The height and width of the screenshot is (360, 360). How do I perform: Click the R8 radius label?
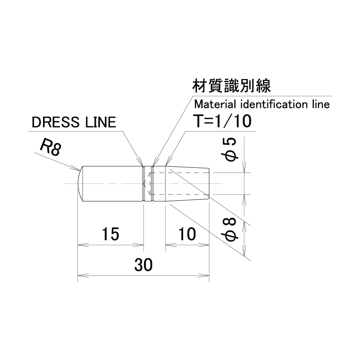pyautogui.click(x=50, y=148)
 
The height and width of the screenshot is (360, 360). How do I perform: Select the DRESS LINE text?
pyautogui.click(x=74, y=122)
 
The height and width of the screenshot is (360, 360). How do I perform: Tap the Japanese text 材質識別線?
pyautogui.click(x=231, y=86)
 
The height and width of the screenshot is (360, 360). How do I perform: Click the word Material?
pyautogui.click(x=215, y=104)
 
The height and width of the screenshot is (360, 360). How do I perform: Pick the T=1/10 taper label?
pyautogui.click(x=223, y=121)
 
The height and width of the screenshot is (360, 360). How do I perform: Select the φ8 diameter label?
pyautogui.click(x=230, y=230)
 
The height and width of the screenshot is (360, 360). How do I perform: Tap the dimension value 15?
pyautogui.click(x=110, y=234)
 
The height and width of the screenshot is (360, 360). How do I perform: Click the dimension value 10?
pyautogui.click(x=187, y=234)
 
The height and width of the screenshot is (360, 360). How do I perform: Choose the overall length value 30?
pyautogui.click(x=144, y=265)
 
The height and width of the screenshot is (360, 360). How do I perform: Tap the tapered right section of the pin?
pyautogui.click(x=187, y=184)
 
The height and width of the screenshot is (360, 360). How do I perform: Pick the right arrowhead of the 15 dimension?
pyautogui.click(x=138, y=245)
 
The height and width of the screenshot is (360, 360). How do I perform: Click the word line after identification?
pyautogui.click(x=321, y=104)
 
